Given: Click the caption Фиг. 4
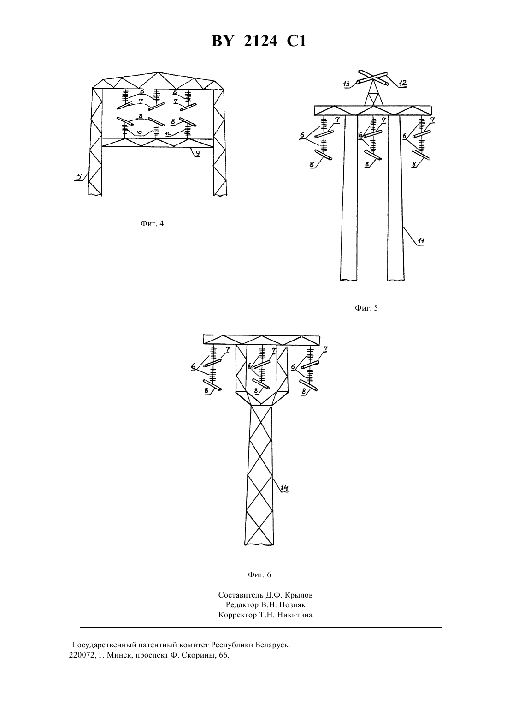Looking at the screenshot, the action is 152,223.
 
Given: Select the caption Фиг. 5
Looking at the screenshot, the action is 366,308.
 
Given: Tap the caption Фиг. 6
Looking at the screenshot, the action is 259,574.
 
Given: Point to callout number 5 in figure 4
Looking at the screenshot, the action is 78,176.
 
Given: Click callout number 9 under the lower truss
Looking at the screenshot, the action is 197,153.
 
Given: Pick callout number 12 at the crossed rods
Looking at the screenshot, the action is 402,84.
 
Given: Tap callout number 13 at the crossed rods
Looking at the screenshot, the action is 347,84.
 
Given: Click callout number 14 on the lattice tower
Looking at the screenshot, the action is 284,488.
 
